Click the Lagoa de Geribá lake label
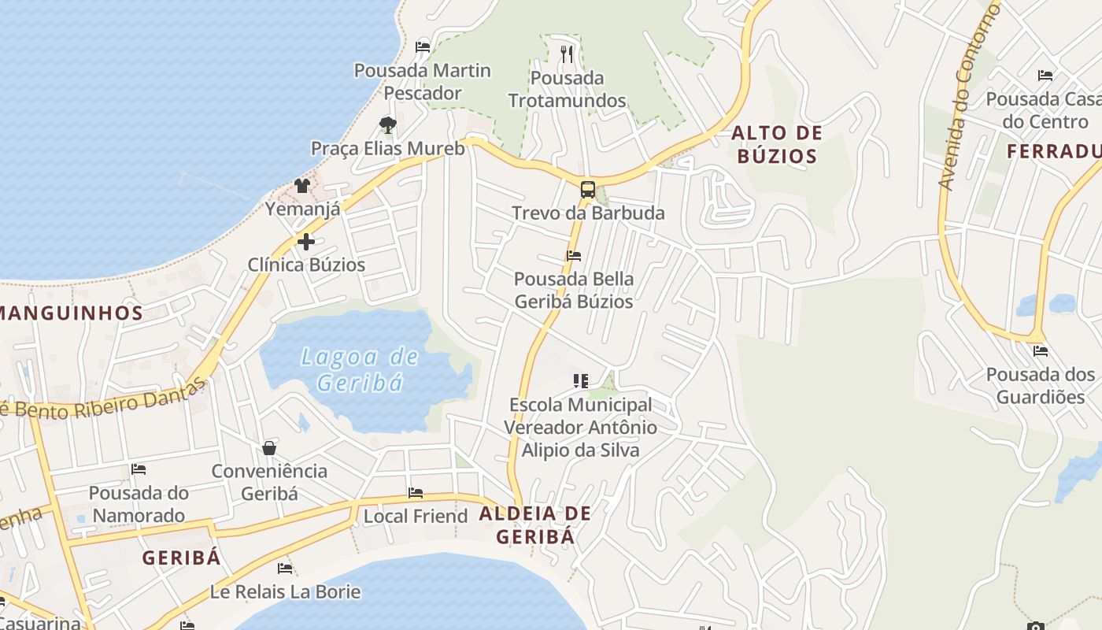coord(361,369)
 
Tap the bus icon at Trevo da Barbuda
coord(587,189)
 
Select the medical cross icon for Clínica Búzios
coord(306,241)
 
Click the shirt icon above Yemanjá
coord(302,186)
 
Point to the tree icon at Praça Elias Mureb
coord(387,124)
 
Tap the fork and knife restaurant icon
coord(567,54)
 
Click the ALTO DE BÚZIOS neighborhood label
coord(777,144)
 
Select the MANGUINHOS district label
coord(71,313)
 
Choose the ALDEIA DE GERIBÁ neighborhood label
coord(534,525)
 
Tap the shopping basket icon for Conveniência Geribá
coord(269,447)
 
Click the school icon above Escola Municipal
coord(581,381)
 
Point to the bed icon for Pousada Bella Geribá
coord(574,255)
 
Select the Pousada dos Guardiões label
coord(1040,386)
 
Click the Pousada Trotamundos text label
coord(567,89)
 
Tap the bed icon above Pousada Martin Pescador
coord(423,46)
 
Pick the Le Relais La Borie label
coord(285,591)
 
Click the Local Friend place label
coord(415,517)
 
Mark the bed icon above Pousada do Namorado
coord(139,469)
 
